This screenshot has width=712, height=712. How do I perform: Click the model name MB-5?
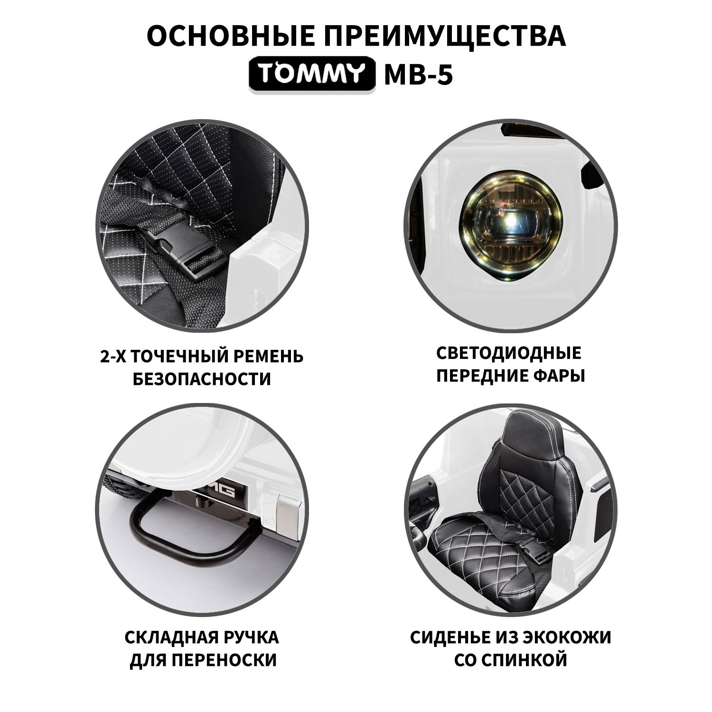coord(418,75)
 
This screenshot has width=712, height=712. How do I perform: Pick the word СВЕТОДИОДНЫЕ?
coord(509,354)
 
